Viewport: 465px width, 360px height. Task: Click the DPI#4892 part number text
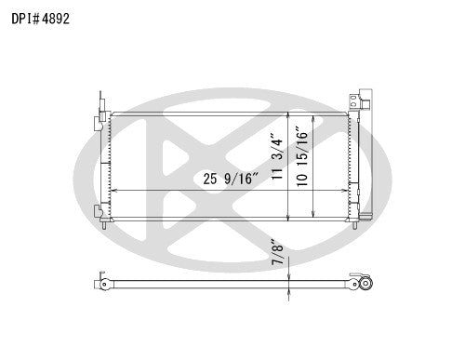[42, 17]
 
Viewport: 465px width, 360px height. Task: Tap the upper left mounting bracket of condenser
[100, 122]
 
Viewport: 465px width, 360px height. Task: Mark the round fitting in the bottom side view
[366, 284]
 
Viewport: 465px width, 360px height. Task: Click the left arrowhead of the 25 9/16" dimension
[112, 190]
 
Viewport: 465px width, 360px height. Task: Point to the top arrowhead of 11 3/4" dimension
[289, 116]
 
